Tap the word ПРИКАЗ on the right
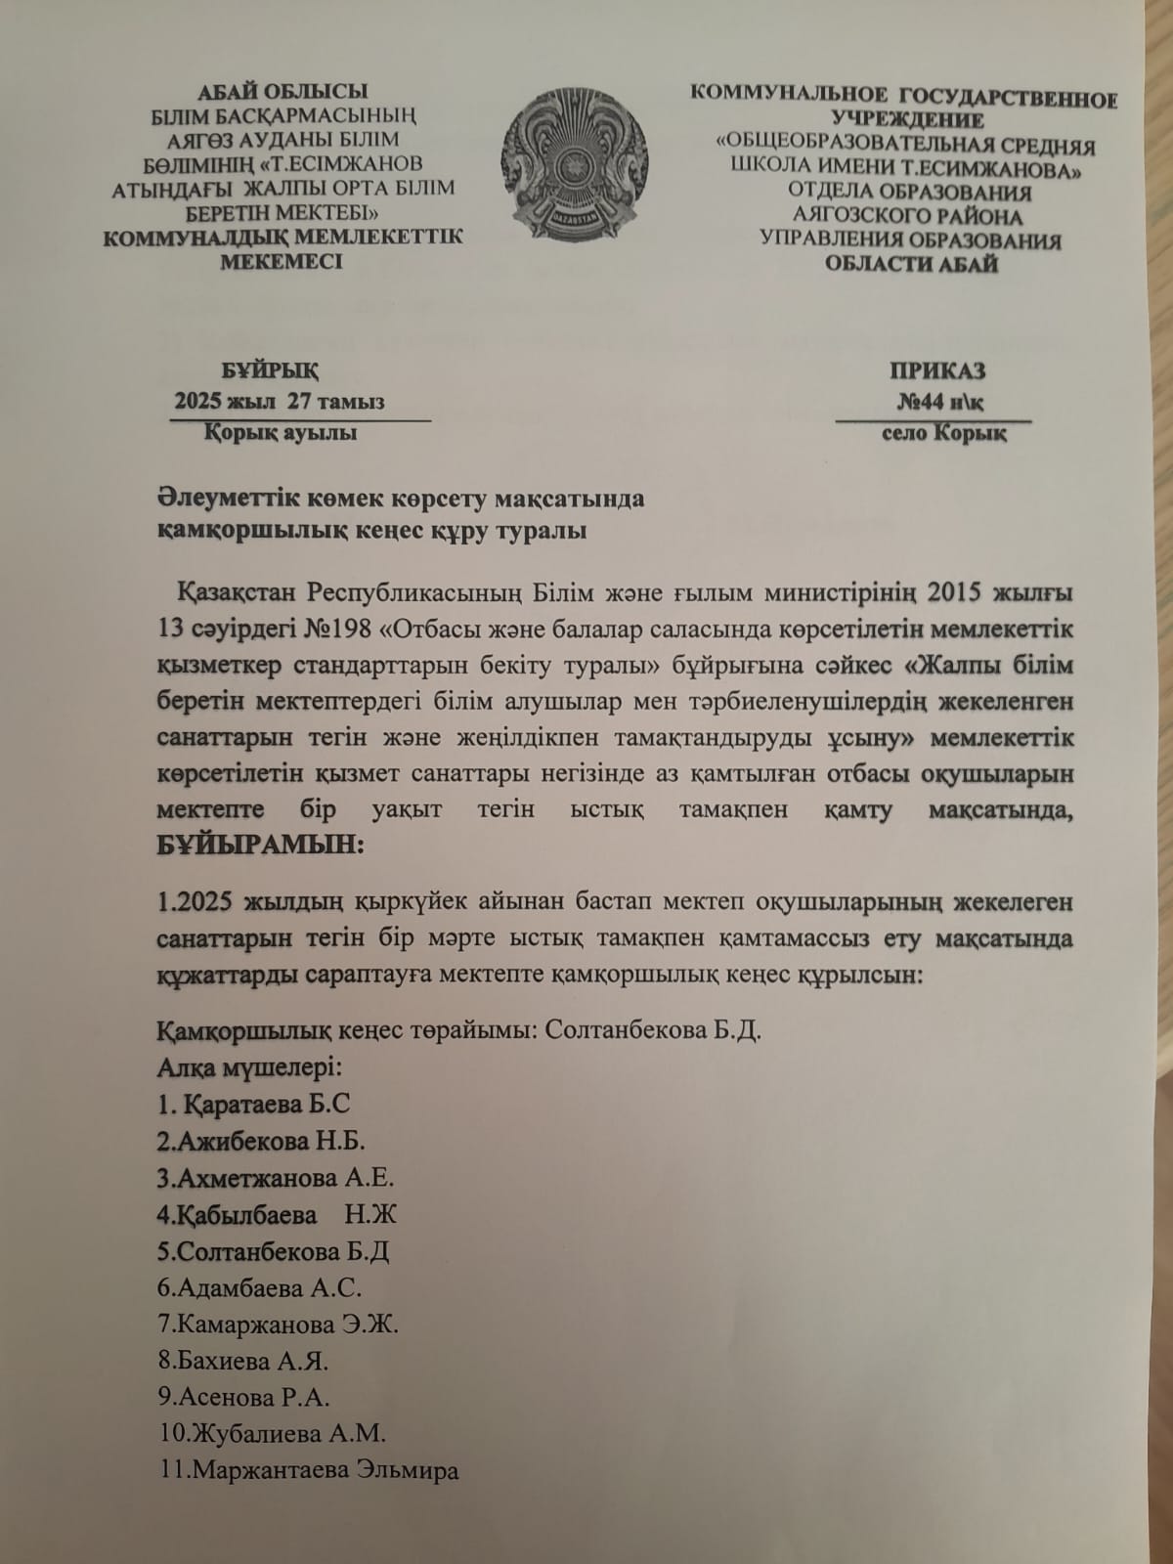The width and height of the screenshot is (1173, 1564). point(937,370)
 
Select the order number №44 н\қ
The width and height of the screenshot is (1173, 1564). point(946,402)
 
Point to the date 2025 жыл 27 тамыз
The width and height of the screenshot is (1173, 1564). point(279,402)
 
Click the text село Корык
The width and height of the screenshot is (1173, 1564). point(943,433)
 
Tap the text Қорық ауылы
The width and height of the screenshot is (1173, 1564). point(281,433)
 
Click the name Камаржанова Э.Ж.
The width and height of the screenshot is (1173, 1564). point(278,1325)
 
